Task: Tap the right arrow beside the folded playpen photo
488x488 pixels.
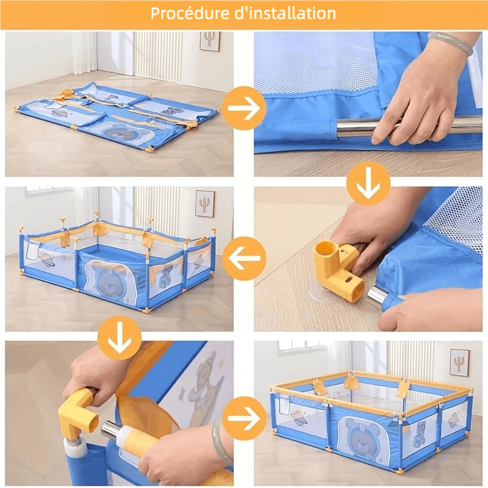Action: click(x=243, y=108)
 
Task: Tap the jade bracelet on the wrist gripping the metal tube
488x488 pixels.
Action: click(x=451, y=43)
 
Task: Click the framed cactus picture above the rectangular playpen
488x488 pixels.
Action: click(x=204, y=203)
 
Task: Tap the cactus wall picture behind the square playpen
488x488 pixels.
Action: click(x=459, y=362)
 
